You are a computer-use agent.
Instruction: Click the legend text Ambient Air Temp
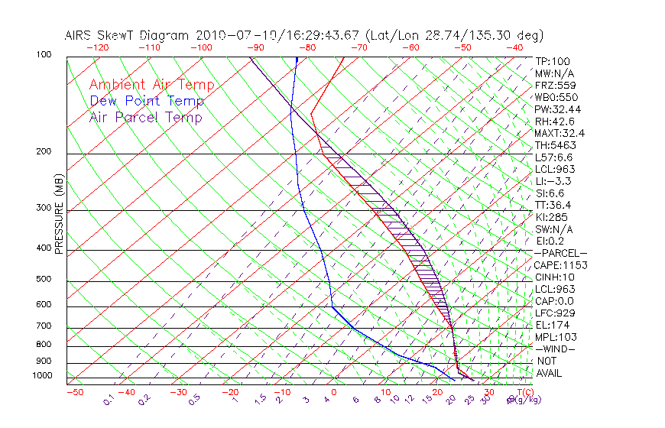pos(151,85)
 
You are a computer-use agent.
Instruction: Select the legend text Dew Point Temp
pos(147,101)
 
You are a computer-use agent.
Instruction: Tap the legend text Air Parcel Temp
pos(145,117)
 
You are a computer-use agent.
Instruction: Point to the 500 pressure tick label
pos(44,280)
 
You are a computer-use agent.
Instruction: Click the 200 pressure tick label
pos(44,151)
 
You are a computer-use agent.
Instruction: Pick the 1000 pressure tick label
pos(41,375)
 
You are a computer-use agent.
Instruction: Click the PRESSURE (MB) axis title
pos(59,215)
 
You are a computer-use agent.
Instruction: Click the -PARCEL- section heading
pos(560,253)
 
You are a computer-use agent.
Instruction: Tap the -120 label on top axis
pos(96,47)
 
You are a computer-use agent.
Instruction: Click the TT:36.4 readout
pos(554,205)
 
